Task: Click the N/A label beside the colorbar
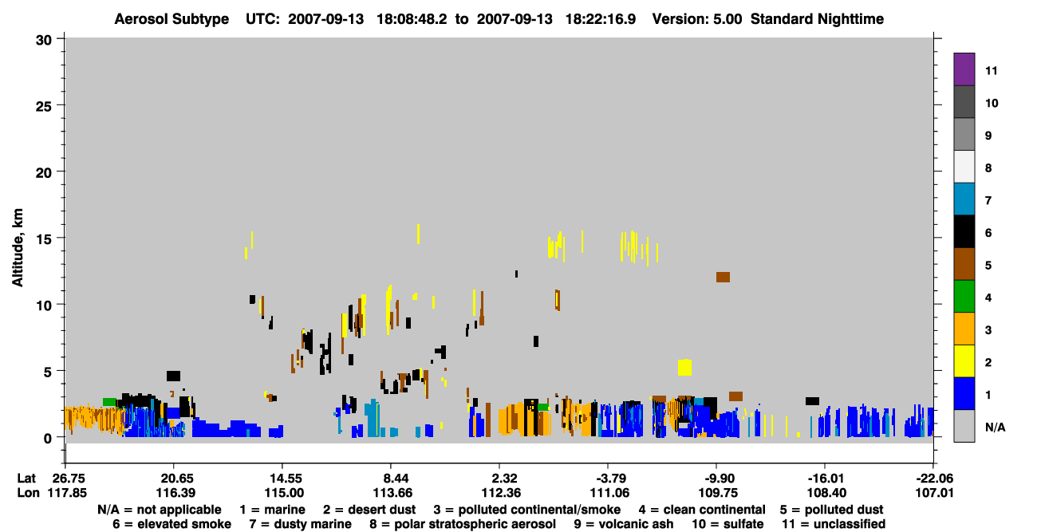point(995,427)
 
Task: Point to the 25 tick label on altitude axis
point(44,106)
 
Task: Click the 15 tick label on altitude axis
point(44,239)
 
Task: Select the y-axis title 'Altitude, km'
point(17,248)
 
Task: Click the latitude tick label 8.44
point(391,479)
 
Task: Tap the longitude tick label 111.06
point(609,493)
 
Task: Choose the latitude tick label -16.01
point(826,479)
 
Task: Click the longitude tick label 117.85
point(67,493)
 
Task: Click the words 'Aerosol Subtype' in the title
point(172,19)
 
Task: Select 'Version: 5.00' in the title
point(696,19)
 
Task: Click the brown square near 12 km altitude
point(723,277)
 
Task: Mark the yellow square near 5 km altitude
point(684,367)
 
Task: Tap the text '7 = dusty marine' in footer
point(300,524)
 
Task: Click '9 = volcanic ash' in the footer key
point(624,524)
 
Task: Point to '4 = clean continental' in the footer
point(702,510)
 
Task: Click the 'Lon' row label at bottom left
point(28,493)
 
